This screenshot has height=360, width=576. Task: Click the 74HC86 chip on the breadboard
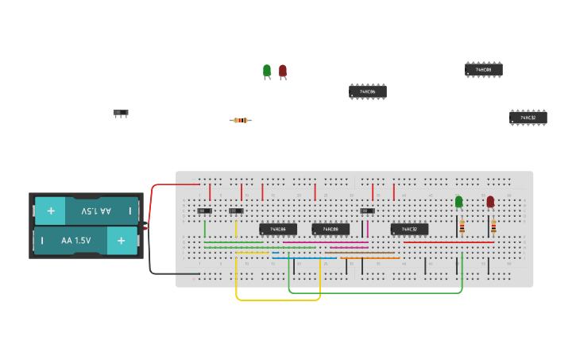pyautogui.click(x=277, y=229)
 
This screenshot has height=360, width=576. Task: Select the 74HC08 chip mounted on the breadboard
pyautogui.click(x=330, y=229)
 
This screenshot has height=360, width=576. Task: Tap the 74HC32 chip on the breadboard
pyautogui.click(x=409, y=229)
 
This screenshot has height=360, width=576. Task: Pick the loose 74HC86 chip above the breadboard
pyautogui.click(x=367, y=91)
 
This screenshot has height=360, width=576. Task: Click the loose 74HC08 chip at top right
pyautogui.click(x=483, y=70)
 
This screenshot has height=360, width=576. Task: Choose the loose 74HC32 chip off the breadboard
pyautogui.click(x=528, y=118)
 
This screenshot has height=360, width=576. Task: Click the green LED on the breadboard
pyautogui.click(x=458, y=202)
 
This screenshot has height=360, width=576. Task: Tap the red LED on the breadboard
pyautogui.click(x=490, y=202)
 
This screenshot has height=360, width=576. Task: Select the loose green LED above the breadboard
pyautogui.click(x=267, y=71)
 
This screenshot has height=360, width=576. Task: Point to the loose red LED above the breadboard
pyautogui.click(x=283, y=71)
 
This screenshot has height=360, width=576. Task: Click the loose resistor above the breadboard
pyautogui.click(x=240, y=120)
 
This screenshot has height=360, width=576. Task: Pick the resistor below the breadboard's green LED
pyautogui.click(x=462, y=226)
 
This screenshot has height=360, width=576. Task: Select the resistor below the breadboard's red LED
pyautogui.click(x=493, y=226)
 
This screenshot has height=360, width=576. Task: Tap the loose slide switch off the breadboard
pyautogui.click(x=121, y=113)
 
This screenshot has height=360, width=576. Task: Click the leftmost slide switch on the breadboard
pyautogui.click(x=204, y=211)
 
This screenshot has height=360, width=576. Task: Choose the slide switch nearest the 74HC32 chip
pyautogui.click(x=367, y=211)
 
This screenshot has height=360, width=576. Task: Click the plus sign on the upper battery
pyautogui.click(x=50, y=211)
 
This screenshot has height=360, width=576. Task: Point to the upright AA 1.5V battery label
pyautogui.click(x=75, y=240)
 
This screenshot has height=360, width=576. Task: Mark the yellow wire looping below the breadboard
pyautogui.click(x=278, y=300)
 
